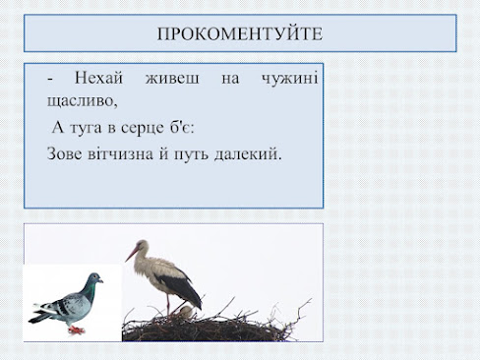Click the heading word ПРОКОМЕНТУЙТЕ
click(240, 33)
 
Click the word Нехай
click(98, 78)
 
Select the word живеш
click(172, 79)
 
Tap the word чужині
click(289, 79)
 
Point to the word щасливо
click(83, 100)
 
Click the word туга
click(87, 128)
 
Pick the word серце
click(143, 128)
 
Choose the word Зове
click(65, 153)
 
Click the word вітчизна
click(121, 153)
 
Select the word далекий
click(247, 153)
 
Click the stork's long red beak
click(132, 254)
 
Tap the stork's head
click(143, 245)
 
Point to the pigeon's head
click(95, 278)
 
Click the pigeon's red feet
click(77, 330)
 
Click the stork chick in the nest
click(186, 312)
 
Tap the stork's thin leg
click(168, 305)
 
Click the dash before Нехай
click(50, 80)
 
